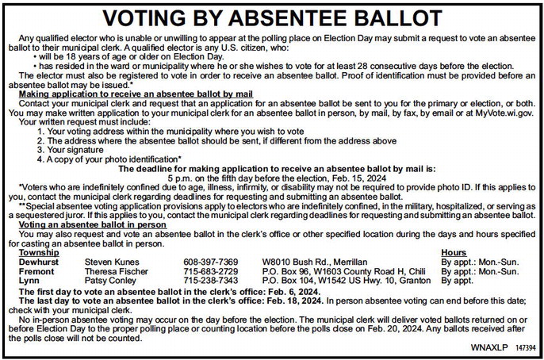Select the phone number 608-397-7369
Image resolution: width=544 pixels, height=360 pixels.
point(210,262)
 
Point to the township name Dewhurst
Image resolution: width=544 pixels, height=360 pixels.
point(40,262)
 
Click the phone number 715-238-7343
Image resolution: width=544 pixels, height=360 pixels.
point(210,281)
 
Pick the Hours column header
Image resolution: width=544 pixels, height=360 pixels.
point(453,252)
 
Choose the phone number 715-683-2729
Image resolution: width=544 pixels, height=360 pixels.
point(210,271)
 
